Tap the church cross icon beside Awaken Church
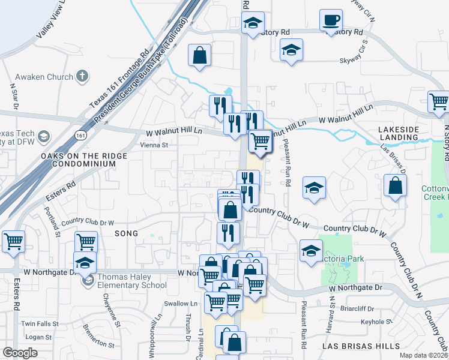82,76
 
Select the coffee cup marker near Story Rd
331,21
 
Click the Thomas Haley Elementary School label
132,281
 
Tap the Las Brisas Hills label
360,346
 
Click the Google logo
20,353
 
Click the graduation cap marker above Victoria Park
311,252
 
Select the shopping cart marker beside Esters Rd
13,242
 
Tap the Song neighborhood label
126,233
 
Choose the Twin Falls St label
40,323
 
